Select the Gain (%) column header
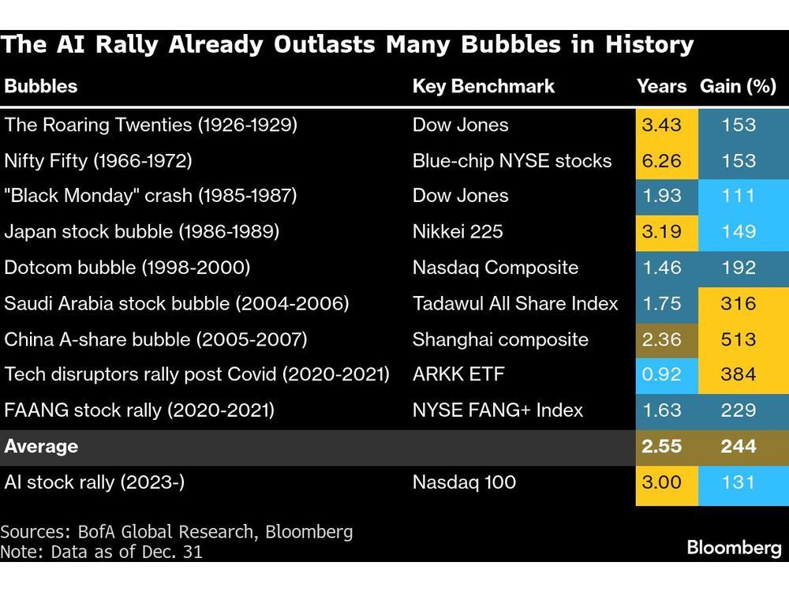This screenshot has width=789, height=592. [x=738, y=86]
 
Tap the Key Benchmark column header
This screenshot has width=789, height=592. [x=484, y=86]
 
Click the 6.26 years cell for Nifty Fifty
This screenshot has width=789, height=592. [x=662, y=160]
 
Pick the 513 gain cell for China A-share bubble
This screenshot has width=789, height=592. [x=738, y=339]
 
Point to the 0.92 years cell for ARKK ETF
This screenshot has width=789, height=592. [x=662, y=375]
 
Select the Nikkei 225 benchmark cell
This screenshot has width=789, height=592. [x=458, y=232]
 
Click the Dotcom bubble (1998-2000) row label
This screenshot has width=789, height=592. [x=127, y=268]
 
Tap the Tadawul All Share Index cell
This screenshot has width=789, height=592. [x=515, y=303]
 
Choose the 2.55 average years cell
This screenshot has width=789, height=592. [x=662, y=447]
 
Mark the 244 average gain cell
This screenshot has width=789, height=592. [x=738, y=447]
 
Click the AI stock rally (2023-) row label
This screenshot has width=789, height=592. [x=95, y=482]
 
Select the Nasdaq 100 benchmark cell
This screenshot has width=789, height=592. [x=464, y=482]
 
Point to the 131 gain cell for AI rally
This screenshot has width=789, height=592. [x=738, y=482]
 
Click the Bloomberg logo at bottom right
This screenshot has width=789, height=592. [x=734, y=548]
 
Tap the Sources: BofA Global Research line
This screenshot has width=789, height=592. [x=177, y=532]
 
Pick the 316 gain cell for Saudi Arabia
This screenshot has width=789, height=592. [x=738, y=303]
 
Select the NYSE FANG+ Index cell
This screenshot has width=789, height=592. [x=498, y=410]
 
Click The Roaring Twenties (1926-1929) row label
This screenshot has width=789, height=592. [x=151, y=125]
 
